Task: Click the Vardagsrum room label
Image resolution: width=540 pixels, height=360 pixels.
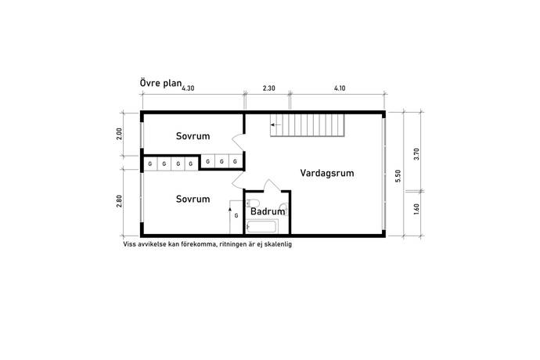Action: tap(327, 173)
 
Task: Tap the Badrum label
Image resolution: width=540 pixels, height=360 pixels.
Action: tap(268, 211)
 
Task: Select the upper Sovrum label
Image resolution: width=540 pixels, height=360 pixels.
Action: tap(193, 136)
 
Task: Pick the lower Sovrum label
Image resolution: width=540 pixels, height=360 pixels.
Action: tap(193, 199)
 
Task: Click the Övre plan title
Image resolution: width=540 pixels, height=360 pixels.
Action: tap(160, 83)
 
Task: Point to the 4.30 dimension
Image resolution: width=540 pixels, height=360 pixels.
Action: tap(188, 88)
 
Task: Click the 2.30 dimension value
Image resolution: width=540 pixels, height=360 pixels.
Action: tap(269, 88)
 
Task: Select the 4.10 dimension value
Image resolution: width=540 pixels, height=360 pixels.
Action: tap(340, 88)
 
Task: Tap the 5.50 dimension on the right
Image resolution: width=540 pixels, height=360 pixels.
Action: tap(398, 175)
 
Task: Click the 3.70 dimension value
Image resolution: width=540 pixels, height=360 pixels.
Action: tap(416, 154)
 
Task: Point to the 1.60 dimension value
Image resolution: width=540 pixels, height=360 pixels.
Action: tap(416, 209)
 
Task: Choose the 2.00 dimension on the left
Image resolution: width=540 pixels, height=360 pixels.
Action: tap(119, 134)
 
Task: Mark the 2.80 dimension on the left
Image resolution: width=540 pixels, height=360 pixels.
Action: tap(119, 201)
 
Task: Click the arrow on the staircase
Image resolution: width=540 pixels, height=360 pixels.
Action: tap(275, 124)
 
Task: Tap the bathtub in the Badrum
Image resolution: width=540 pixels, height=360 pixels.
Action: tap(261, 227)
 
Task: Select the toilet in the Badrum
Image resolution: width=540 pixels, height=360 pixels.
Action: tap(250, 203)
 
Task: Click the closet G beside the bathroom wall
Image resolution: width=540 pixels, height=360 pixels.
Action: tap(236, 216)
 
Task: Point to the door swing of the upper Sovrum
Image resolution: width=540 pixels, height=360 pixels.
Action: tap(238, 142)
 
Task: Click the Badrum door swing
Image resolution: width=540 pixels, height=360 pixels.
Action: tap(272, 185)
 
